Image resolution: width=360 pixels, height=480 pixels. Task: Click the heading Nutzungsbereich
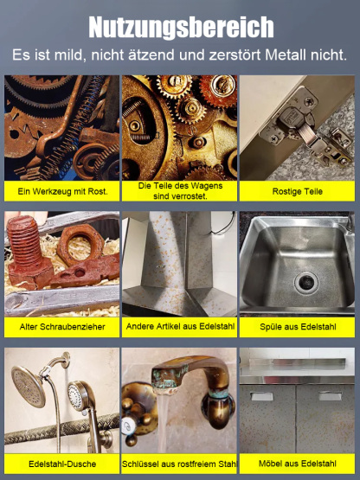(x=181, y=28)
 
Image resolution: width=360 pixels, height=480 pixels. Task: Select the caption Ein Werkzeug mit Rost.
(x=62, y=192)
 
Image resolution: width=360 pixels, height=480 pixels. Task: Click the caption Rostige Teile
(x=297, y=192)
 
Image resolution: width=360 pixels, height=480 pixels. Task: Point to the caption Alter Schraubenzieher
(x=62, y=327)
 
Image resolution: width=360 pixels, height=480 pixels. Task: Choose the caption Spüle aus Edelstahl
(x=298, y=327)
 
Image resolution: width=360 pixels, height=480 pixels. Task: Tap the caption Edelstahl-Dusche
(x=62, y=464)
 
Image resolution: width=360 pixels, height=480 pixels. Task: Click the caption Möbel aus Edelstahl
(x=298, y=464)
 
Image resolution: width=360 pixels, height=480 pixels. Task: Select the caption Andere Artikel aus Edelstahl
(x=180, y=326)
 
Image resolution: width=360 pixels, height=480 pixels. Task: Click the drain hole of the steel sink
(x=306, y=281)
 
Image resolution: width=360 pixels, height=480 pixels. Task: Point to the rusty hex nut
(x=80, y=244)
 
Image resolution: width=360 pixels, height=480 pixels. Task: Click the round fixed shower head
(x=29, y=387)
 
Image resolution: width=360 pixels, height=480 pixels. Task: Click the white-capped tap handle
(x=127, y=426)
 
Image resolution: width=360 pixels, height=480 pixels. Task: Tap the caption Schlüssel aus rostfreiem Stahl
(x=179, y=464)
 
